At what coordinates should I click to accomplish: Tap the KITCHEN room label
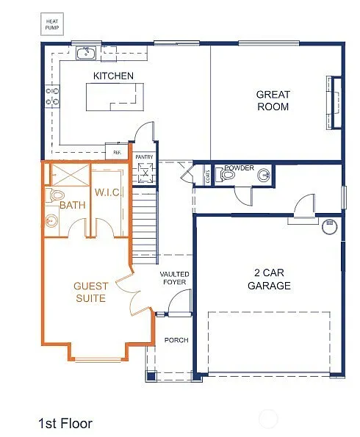[113, 76]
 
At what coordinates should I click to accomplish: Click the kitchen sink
[87, 53]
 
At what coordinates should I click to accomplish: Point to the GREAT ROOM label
[273, 101]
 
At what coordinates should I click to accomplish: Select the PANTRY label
[144, 156]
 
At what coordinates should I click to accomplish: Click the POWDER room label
[240, 168]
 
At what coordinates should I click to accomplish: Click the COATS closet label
[208, 175]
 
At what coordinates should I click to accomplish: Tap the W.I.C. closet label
[107, 192]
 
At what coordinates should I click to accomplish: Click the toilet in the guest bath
[53, 195]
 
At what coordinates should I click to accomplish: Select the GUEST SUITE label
[90, 292]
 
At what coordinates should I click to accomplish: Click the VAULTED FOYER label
[175, 279]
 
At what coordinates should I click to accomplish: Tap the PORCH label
[176, 340]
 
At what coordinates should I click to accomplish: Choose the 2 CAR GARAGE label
[269, 280]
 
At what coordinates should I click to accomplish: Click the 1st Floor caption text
[65, 423]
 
